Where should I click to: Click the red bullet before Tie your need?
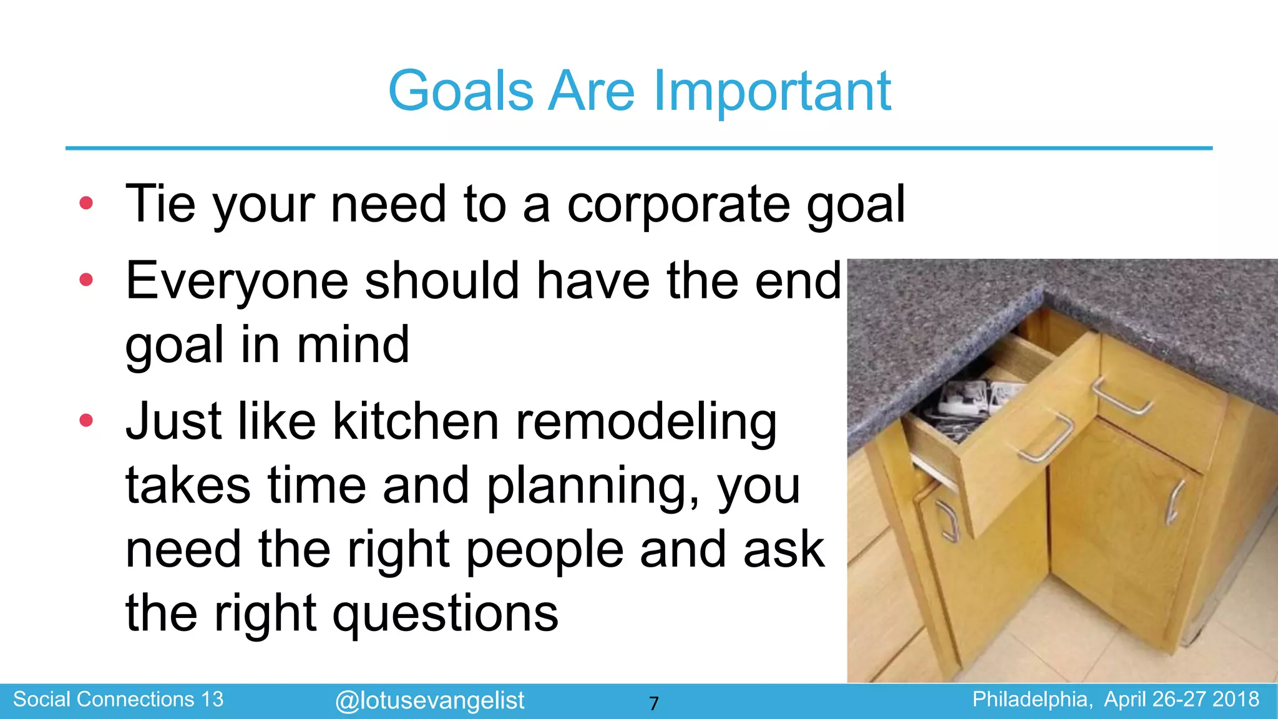[x=86, y=203]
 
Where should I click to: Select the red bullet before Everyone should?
[x=86, y=280]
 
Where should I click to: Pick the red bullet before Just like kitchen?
[x=86, y=420]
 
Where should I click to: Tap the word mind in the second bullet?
[x=353, y=345]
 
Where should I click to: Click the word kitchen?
[x=415, y=421]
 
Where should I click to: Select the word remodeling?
[x=646, y=423]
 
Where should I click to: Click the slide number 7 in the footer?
[x=653, y=703]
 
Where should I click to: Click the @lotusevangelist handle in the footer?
[x=429, y=700]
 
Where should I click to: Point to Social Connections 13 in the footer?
[x=118, y=699]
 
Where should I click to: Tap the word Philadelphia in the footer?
[x=1032, y=699]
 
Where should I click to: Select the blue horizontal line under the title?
[x=638, y=149]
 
